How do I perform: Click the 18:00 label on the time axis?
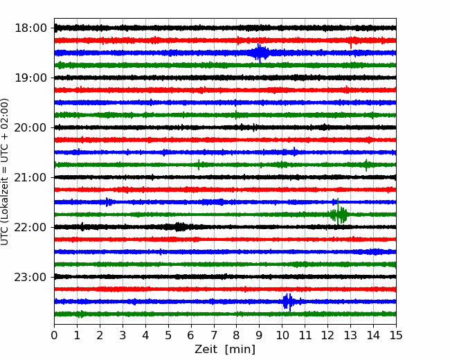[30, 28]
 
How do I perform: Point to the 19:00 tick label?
[30, 78]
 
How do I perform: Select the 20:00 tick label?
[30, 127]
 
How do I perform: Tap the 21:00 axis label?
[30, 177]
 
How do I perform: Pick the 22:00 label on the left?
[30, 227]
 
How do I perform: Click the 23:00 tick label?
[30, 277]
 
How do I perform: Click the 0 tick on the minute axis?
[54, 335]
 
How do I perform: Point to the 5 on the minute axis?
[168, 335]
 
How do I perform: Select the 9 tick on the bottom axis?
[259, 335]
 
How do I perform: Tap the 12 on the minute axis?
[327, 335]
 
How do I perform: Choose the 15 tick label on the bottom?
[396, 335]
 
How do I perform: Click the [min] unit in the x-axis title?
[240, 350]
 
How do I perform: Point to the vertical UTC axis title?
[5, 172]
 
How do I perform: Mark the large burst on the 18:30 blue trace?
[260, 53]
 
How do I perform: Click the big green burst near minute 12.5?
[339, 214]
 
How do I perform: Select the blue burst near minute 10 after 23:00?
[288, 302]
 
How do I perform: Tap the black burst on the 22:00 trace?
[178, 227]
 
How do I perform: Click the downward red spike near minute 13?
[351, 45]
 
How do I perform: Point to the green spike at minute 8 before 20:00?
[236, 114]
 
